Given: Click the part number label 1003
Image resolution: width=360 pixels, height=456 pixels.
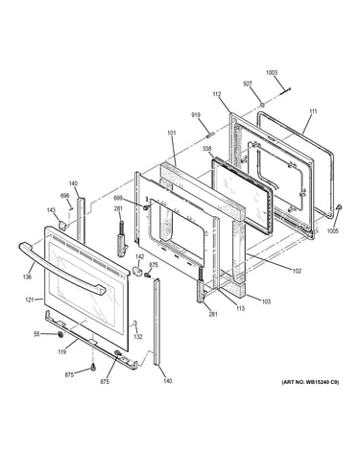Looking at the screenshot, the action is pos(272,73).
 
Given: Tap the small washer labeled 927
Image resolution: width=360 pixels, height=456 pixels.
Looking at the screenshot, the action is pos(262,105).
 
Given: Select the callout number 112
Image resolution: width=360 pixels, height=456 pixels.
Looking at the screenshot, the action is pos(217,94).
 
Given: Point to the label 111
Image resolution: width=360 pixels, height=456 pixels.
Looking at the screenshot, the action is pos(313,111).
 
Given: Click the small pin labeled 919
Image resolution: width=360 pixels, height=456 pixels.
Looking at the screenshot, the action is pos(209,134).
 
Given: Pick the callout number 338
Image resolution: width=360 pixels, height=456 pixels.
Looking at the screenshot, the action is pos(207,149).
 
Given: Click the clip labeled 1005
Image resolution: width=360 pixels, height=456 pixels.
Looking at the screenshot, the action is pos(339,208).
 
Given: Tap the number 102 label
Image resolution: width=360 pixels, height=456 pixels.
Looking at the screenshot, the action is pos(297,272).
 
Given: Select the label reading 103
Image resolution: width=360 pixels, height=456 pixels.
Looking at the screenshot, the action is pos(266,301).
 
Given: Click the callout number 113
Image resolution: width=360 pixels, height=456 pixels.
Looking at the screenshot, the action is pos(240,308).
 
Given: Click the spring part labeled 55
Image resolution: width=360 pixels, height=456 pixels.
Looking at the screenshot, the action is pos(60,335).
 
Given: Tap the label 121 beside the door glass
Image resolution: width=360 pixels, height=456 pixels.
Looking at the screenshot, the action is pos(30,300).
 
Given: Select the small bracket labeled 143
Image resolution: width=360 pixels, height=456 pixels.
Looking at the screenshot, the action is pos(63,226).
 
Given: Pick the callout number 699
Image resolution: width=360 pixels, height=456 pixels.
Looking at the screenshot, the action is pos(118,199).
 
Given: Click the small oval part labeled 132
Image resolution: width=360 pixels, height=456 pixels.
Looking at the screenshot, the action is pos(135,324).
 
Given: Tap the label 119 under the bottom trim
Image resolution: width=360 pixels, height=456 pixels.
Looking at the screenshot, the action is pos(62,352).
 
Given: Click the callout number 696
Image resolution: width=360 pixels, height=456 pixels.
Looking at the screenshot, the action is pos(65,196).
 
